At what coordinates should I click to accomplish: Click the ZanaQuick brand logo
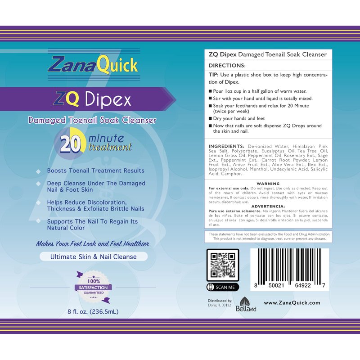click(x=93, y=65)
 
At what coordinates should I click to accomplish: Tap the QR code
click(x=223, y=265)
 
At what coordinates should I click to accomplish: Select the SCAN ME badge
click(x=223, y=287)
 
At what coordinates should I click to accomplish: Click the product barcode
click(x=289, y=269)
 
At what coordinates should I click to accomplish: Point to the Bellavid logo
click(x=246, y=304)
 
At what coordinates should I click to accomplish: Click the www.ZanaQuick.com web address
click(x=292, y=302)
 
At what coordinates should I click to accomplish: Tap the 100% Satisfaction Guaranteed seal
click(x=93, y=287)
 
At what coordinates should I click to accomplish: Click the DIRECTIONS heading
click(x=227, y=65)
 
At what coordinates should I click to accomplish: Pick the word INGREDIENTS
click(x=226, y=146)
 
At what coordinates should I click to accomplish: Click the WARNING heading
click(x=268, y=184)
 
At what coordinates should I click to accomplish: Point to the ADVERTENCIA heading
click(x=268, y=207)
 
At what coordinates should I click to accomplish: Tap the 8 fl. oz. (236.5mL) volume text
click(x=93, y=311)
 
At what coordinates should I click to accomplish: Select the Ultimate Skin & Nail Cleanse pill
click(x=94, y=256)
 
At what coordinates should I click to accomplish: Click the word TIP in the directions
click(x=213, y=75)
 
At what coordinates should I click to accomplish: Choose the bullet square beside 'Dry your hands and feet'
click(x=210, y=118)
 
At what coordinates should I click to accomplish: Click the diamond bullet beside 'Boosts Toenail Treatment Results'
click(x=38, y=171)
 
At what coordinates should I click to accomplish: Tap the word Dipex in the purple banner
click(x=108, y=99)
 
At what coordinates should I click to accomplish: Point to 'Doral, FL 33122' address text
click(x=219, y=305)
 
